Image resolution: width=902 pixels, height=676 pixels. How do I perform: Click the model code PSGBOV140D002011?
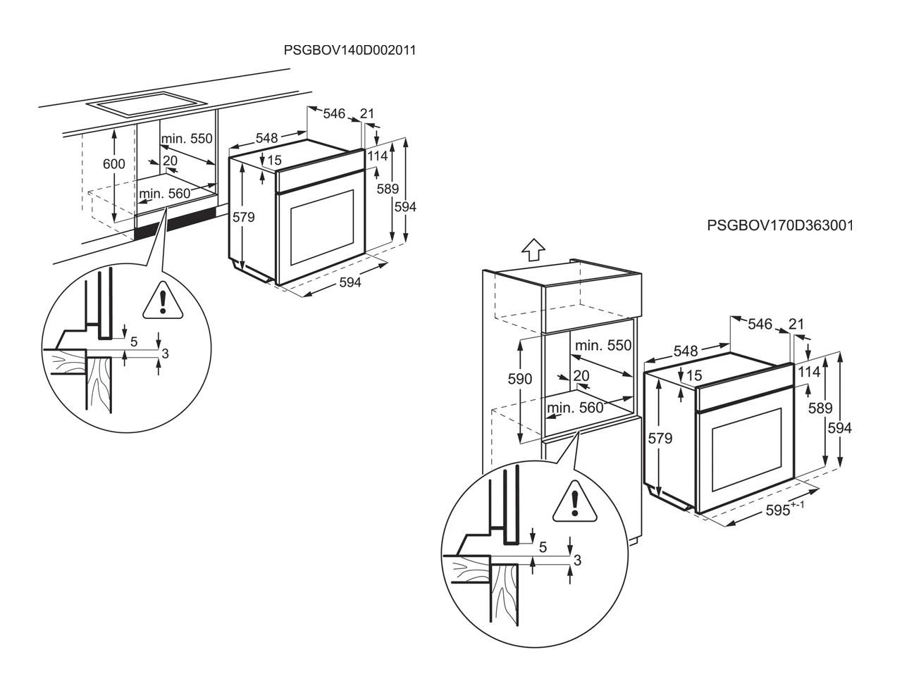350,50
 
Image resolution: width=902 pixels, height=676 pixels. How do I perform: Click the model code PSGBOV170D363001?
780,225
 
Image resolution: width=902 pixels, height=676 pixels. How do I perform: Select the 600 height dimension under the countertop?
114,164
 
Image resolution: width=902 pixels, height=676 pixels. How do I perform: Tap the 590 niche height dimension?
520,378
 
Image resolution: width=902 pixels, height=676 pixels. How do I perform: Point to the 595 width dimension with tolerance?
785,510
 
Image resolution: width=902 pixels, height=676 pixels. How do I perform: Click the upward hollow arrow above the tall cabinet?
533,249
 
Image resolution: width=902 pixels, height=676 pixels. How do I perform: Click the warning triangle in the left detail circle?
163,301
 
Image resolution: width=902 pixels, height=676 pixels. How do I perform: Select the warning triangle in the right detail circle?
574,503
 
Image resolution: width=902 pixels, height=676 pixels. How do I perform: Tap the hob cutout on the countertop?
147,104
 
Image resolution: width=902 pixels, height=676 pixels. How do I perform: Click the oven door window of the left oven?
322,227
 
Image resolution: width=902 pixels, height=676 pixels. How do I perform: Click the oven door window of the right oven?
747,450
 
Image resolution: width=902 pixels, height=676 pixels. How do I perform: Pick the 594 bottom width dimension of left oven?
350,282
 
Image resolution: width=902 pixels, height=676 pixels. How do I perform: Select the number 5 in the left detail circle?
134,342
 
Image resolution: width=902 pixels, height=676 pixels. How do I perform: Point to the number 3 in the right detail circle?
577,561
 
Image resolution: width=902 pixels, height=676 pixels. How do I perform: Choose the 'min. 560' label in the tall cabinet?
575,408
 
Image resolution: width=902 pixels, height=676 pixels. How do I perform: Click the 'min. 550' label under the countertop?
187,138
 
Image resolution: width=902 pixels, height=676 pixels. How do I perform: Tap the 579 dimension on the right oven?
660,439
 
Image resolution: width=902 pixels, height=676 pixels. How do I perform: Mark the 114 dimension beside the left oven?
377,156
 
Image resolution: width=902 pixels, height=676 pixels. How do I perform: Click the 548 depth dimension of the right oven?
686,351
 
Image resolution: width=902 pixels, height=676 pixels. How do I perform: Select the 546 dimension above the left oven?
334,113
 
